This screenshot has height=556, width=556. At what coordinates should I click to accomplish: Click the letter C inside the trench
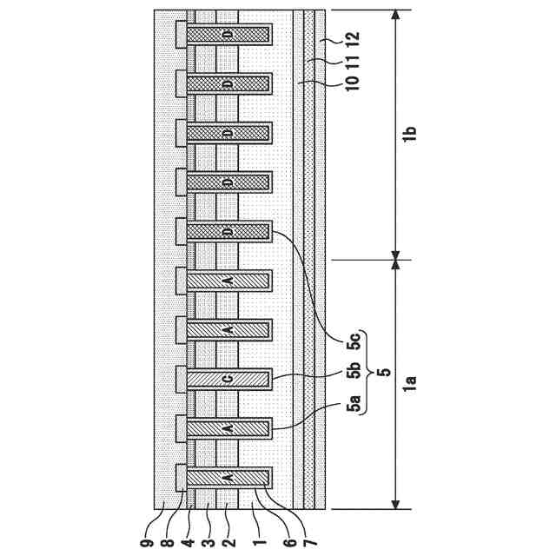pyautogui.click(x=228, y=379)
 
